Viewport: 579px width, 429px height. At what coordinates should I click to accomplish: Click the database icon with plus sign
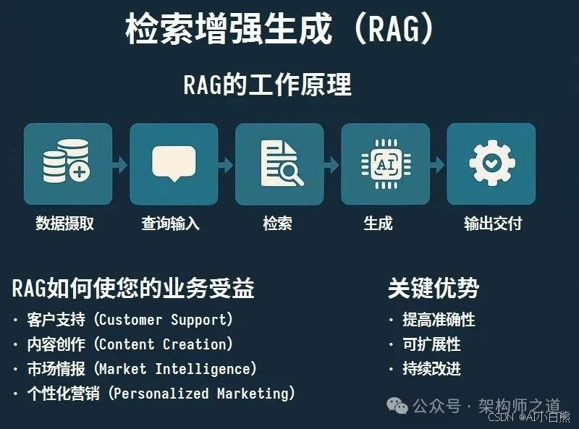pos(67,163)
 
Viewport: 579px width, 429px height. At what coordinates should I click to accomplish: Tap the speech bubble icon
pos(173,163)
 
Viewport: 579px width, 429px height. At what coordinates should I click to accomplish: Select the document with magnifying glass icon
pos(280,163)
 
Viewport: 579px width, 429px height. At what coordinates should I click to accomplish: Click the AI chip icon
pos(384,163)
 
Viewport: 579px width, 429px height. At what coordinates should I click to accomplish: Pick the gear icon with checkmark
pos(491,163)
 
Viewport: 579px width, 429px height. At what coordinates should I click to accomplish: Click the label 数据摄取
pos(65,224)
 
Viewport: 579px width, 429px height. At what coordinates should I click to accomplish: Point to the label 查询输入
pos(170,224)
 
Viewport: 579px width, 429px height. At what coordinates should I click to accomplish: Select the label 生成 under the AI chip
pos(378,224)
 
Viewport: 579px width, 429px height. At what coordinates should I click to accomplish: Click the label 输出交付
pos(493,224)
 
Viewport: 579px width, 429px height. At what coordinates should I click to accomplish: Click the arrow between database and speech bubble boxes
pos(120,164)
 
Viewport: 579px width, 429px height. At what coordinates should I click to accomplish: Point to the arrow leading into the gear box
pos(438,164)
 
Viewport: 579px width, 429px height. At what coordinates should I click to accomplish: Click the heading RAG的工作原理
pos(268,85)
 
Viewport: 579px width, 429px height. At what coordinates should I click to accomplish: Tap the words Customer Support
pos(166,319)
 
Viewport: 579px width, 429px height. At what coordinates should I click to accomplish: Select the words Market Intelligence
pos(177,369)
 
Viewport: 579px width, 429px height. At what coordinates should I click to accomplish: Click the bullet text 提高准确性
pos(439,319)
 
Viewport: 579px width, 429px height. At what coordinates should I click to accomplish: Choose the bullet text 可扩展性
pos(431,344)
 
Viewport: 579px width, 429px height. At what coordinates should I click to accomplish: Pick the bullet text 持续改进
pos(431,369)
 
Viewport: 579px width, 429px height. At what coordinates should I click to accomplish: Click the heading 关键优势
pos(434,288)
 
